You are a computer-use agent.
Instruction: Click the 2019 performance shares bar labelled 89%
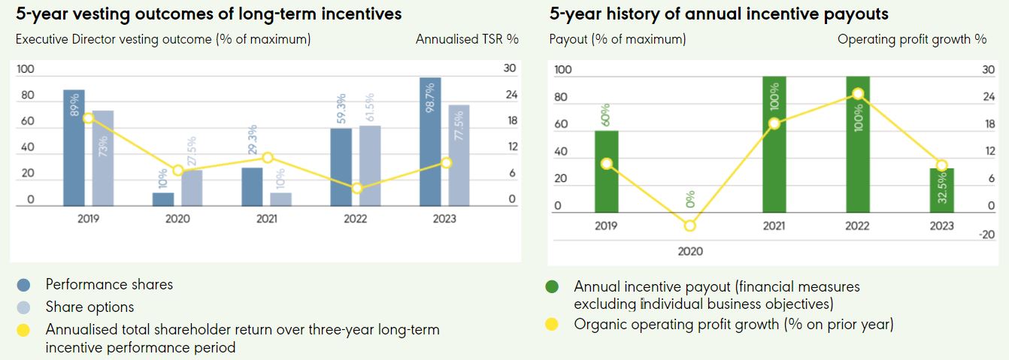[x=74, y=147]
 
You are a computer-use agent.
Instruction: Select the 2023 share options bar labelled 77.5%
[x=459, y=155]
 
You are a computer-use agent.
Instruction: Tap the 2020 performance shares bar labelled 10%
[x=163, y=199]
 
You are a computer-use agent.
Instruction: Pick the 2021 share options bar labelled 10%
[x=280, y=199]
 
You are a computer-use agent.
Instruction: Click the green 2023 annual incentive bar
[x=941, y=190]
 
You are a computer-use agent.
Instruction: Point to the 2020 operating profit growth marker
[x=689, y=225]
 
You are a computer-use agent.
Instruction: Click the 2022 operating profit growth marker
[x=857, y=94]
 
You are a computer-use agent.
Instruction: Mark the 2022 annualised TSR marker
[x=357, y=188]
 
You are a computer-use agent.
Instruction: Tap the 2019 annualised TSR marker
[x=88, y=118]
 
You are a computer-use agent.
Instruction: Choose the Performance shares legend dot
[x=24, y=285]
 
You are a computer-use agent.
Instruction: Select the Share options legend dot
[x=24, y=307]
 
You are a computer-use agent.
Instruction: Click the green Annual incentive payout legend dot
[x=553, y=287]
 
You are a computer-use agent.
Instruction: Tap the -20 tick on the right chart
[x=987, y=234]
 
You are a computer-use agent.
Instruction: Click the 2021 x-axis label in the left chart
[x=267, y=219]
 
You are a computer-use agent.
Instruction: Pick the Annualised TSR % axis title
[x=467, y=39]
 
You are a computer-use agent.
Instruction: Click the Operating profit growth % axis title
[x=912, y=39]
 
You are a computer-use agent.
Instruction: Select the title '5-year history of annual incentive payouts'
[x=719, y=14]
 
